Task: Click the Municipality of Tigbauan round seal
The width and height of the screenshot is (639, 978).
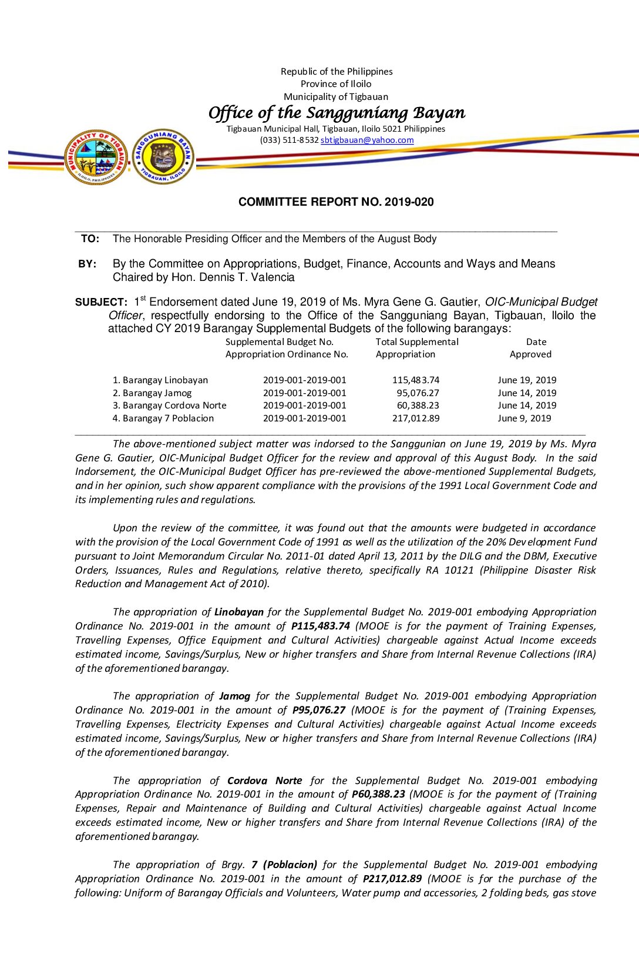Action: tap(96, 157)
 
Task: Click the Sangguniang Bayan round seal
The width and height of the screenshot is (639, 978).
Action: tap(163, 156)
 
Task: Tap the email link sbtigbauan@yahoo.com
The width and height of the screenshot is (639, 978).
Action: tap(367, 140)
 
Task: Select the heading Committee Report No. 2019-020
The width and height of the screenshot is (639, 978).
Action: tap(336, 202)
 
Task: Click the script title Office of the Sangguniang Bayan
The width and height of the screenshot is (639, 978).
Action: tap(337, 112)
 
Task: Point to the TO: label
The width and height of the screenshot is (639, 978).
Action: tap(90, 239)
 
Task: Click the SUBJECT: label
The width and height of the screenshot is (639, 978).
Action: tap(101, 302)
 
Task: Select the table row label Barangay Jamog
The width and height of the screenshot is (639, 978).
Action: tap(157, 393)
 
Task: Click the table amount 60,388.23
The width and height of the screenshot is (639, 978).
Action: tap(418, 406)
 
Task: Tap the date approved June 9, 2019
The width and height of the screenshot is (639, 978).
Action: tap(524, 418)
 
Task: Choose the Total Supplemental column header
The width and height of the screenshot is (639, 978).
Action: tap(417, 342)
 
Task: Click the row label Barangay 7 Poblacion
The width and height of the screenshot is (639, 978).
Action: tap(163, 418)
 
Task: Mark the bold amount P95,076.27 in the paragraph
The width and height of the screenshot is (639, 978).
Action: tap(319, 710)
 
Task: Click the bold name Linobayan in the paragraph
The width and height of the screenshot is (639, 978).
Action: tap(239, 612)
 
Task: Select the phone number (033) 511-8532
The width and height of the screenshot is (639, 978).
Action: tap(290, 140)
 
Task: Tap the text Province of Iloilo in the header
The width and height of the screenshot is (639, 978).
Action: tap(336, 84)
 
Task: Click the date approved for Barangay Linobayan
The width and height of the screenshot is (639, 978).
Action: tap(527, 380)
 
